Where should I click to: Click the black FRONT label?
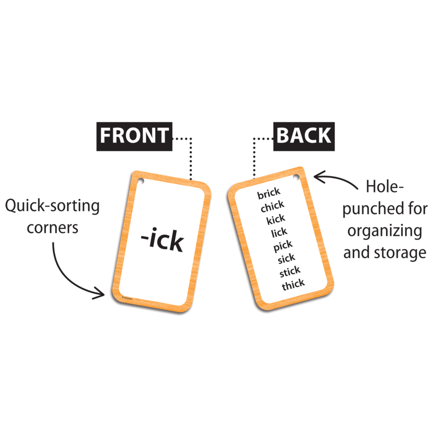coord(134,136)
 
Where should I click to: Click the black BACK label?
coord(304,136)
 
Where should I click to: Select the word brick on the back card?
coord(269,193)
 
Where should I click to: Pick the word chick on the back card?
coord(273,206)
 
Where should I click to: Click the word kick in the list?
coord(276,219)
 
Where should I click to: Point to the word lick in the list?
coord(279,232)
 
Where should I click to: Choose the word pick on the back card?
coord(283,246)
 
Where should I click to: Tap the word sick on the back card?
coord(286,258)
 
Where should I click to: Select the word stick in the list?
coord(290,272)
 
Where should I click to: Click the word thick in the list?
coord(293,285)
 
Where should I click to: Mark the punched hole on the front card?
coord(141,181)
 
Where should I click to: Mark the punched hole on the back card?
coord(296,177)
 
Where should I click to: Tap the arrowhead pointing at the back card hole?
coord(320,177)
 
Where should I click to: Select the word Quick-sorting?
coord(52,206)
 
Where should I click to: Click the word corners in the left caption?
coord(52,228)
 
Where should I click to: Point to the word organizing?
coord(384,231)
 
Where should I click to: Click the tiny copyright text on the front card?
coord(127,298)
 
